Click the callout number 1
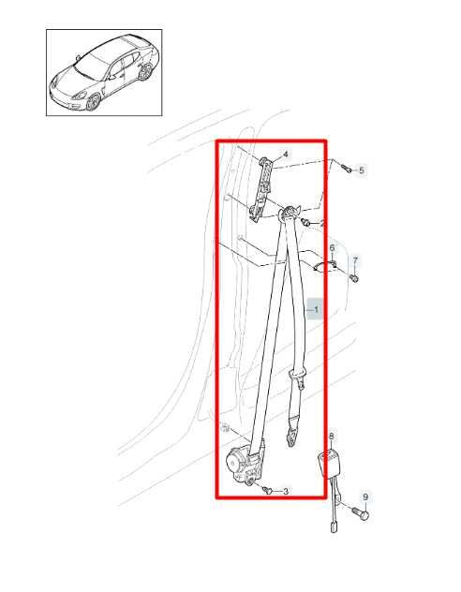point(317,310)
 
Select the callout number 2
point(321,224)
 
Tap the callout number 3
point(286,491)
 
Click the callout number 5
point(362,170)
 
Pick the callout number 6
point(332,248)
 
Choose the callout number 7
point(355,260)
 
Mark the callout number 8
point(332,437)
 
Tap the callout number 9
point(365,497)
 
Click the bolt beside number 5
point(347,168)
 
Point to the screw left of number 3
point(268,490)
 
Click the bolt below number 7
point(354,278)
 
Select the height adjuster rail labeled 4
point(262,189)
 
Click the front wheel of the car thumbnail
point(94,102)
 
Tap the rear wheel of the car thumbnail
point(145,71)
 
